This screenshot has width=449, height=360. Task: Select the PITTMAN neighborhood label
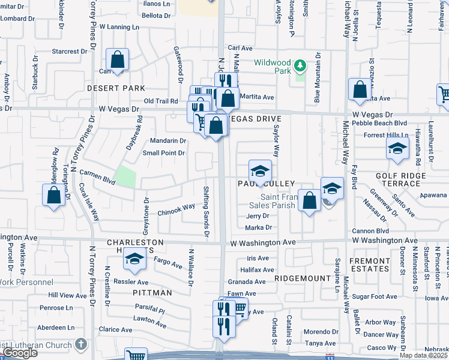pyautogui.click(x=152, y=293)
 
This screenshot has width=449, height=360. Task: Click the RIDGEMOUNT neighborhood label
pyautogui.click(x=303, y=278)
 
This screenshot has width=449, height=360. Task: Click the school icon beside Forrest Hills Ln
pyautogui.click(x=397, y=149)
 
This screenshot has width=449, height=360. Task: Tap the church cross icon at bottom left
pyautogui.click(x=82, y=345)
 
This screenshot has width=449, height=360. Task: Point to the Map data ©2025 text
pyautogui.click(x=424, y=355)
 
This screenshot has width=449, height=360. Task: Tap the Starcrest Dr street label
pyautogui.click(x=65, y=52)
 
